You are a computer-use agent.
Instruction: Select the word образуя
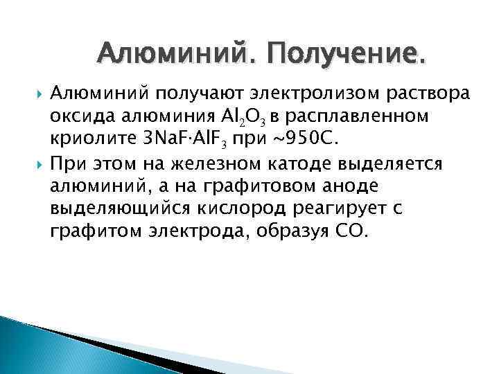[x=285, y=231]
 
